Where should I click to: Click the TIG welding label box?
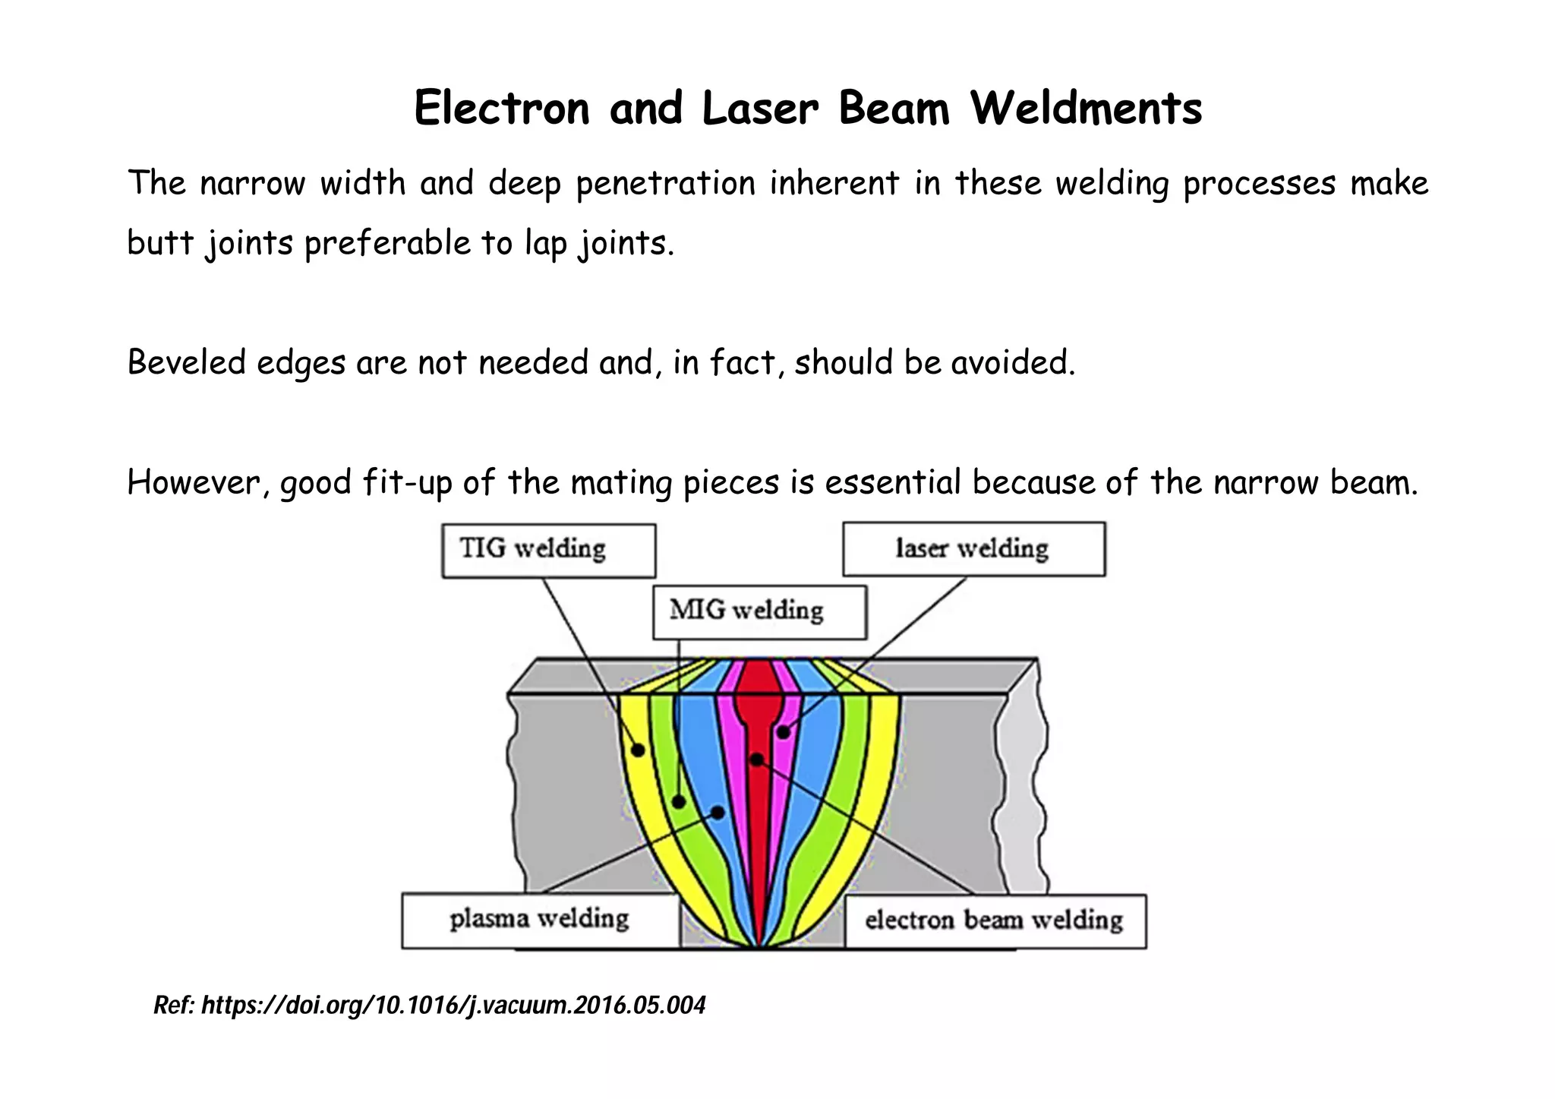point(548,551)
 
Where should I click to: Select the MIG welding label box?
point(759,611)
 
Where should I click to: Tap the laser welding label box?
point(973,549)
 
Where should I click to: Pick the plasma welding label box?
point(540,921)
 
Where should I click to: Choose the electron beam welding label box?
point(995,921)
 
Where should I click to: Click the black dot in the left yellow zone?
point(639,750)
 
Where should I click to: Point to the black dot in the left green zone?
point(679,802)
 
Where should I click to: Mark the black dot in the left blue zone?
point(718,813)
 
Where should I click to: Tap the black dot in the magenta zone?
point(783,732)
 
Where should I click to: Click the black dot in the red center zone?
point(756,760)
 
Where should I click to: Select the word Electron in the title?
point(501,109)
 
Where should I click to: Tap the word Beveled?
point(186,363)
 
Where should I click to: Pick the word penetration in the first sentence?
point(665,185)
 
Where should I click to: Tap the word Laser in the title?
point(760,109)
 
